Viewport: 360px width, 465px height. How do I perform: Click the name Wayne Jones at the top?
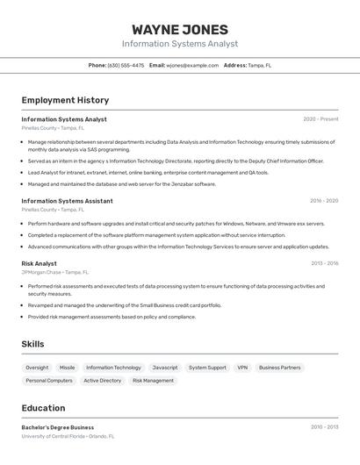pos(180,30)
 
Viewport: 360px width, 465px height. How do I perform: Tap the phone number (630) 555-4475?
pos(126,65)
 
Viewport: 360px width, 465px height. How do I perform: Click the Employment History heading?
pos(65,100)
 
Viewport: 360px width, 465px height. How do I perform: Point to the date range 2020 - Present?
pos(320,119)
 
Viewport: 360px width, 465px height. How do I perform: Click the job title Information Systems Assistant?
pos(67,201)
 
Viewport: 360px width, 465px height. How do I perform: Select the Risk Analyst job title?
pos(40,263)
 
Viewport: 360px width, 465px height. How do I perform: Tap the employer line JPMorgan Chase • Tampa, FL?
pos(55,272)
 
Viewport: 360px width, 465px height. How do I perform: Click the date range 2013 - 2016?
pos(324,263)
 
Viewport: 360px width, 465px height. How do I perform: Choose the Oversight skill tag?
pos(37,368)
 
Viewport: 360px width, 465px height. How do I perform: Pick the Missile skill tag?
pos(68,368)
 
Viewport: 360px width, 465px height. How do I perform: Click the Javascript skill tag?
pos(165,368)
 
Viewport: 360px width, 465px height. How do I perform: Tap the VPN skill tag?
pos(242,368)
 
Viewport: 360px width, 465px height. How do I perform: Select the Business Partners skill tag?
pos(279,368)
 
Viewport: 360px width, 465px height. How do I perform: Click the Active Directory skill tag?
pos(103,381)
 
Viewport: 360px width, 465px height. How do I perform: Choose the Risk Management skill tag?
pos(153,381)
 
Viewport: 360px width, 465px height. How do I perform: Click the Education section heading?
pos(43,408)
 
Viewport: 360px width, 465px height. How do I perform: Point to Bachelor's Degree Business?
pos(58,427)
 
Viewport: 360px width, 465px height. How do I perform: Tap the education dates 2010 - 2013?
pos(324,427)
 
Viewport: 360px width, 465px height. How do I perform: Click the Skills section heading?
pos(32,344)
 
